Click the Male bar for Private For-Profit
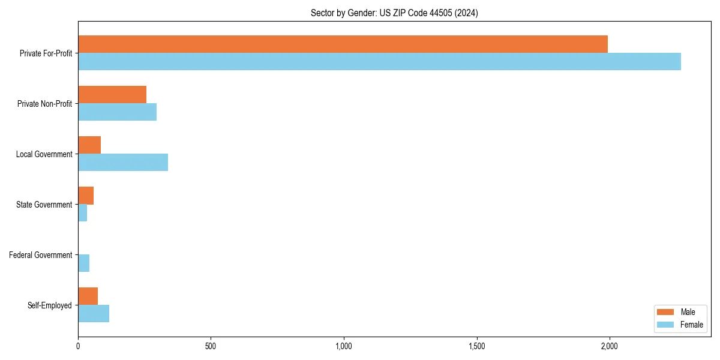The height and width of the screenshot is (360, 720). coord(343,44)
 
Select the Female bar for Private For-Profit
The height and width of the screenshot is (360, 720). coord(379,61)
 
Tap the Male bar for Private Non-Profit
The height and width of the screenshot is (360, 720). coord(112,95)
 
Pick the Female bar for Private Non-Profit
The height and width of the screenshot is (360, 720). coord(117,112)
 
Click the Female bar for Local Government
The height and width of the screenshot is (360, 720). coord(123,162)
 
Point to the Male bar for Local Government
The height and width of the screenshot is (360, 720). coord(89,145)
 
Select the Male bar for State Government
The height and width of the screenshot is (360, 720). coord(86,196)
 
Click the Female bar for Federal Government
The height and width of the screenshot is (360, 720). coord(83,263)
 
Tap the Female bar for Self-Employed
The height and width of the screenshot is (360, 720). coord(94,313)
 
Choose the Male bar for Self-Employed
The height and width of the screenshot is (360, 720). coord(88,296)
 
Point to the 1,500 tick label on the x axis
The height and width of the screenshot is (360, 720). coord(476,346)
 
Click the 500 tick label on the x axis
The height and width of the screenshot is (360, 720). coord(211,346)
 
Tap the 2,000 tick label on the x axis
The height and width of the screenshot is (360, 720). coord(609,346)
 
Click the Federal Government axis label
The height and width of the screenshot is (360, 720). coord(40,255)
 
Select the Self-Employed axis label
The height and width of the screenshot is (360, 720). coord(49,305)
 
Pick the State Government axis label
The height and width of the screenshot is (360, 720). coord(44,205)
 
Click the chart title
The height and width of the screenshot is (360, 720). coord(394,13)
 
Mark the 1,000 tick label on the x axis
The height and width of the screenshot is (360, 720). coord(343,346)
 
